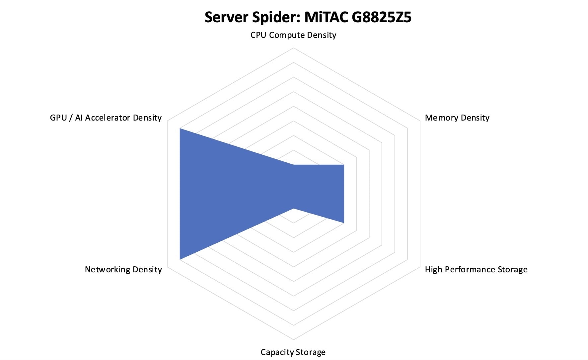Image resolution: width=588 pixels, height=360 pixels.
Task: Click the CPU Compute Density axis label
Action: click(293, 35)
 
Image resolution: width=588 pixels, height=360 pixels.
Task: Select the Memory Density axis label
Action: click(457, 118)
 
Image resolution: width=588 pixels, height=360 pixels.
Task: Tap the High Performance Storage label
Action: click(476, 269)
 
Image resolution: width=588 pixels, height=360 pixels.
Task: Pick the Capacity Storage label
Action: click(293, 352)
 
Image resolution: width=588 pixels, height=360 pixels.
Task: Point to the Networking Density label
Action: click(123, 269)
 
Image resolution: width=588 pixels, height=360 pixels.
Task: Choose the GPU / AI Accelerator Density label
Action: click(106, 118)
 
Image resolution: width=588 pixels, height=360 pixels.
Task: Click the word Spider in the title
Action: click(276, 17)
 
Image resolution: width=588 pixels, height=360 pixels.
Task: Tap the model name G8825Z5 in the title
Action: click(381, 17)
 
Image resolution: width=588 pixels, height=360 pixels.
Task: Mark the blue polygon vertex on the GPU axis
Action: click(180, 129)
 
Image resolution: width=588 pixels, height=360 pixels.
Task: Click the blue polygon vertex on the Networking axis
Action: click(180, 259)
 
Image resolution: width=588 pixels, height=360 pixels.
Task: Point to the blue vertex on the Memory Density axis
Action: click(344, 165)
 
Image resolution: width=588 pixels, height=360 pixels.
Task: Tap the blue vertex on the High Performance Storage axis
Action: click(344, 223)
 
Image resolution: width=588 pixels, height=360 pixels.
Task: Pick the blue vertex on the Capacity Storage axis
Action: click(293, 209)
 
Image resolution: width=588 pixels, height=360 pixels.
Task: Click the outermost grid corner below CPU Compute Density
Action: click(293, 48)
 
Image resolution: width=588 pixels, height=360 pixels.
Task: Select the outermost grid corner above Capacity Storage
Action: click(293, 340)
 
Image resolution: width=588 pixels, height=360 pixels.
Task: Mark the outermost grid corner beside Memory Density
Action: click(420, 121)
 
